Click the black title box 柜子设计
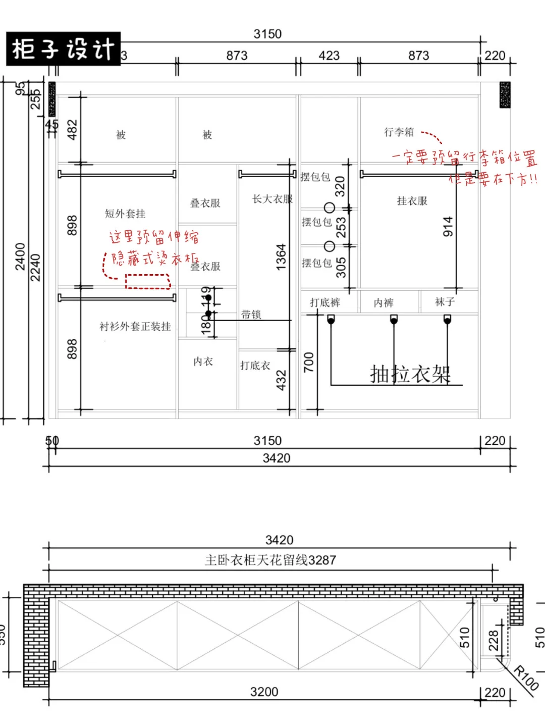point(63,49)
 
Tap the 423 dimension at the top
point(329,56)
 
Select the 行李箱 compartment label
point(399,132)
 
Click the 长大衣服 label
point(272,199)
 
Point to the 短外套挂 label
point(125,214)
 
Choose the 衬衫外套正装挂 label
point(135,327)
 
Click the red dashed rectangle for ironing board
point(148,281)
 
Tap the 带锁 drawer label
point(251,315)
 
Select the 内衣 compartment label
point(203,361)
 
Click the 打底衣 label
point(255,366)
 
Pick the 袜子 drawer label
point(445,302)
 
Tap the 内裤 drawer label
point(384,303)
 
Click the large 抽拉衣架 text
point(410,374)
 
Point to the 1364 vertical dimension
point(281,256)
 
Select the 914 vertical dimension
point(448,227)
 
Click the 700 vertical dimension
point(309,362)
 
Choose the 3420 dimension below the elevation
point(277,458)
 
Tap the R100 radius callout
point(526,678)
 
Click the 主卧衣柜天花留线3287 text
point(270,560)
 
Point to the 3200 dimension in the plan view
point(264,692)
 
